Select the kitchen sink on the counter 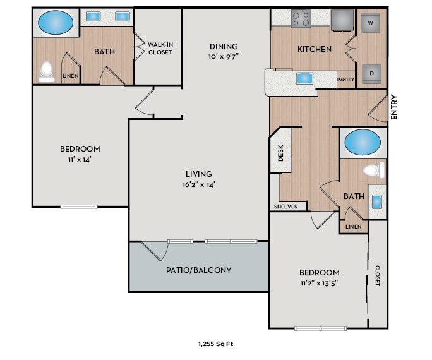pos(304,78)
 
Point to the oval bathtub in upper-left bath pos(56,24)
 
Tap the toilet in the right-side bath pos(375,171)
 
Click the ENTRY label pos(394,107)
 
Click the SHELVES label pos(285,207)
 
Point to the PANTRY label pos(345,80)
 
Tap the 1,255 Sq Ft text pos(216,344)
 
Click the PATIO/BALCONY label pos(198,270)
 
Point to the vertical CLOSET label pos(378,275)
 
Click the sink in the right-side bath pos(378,202)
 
